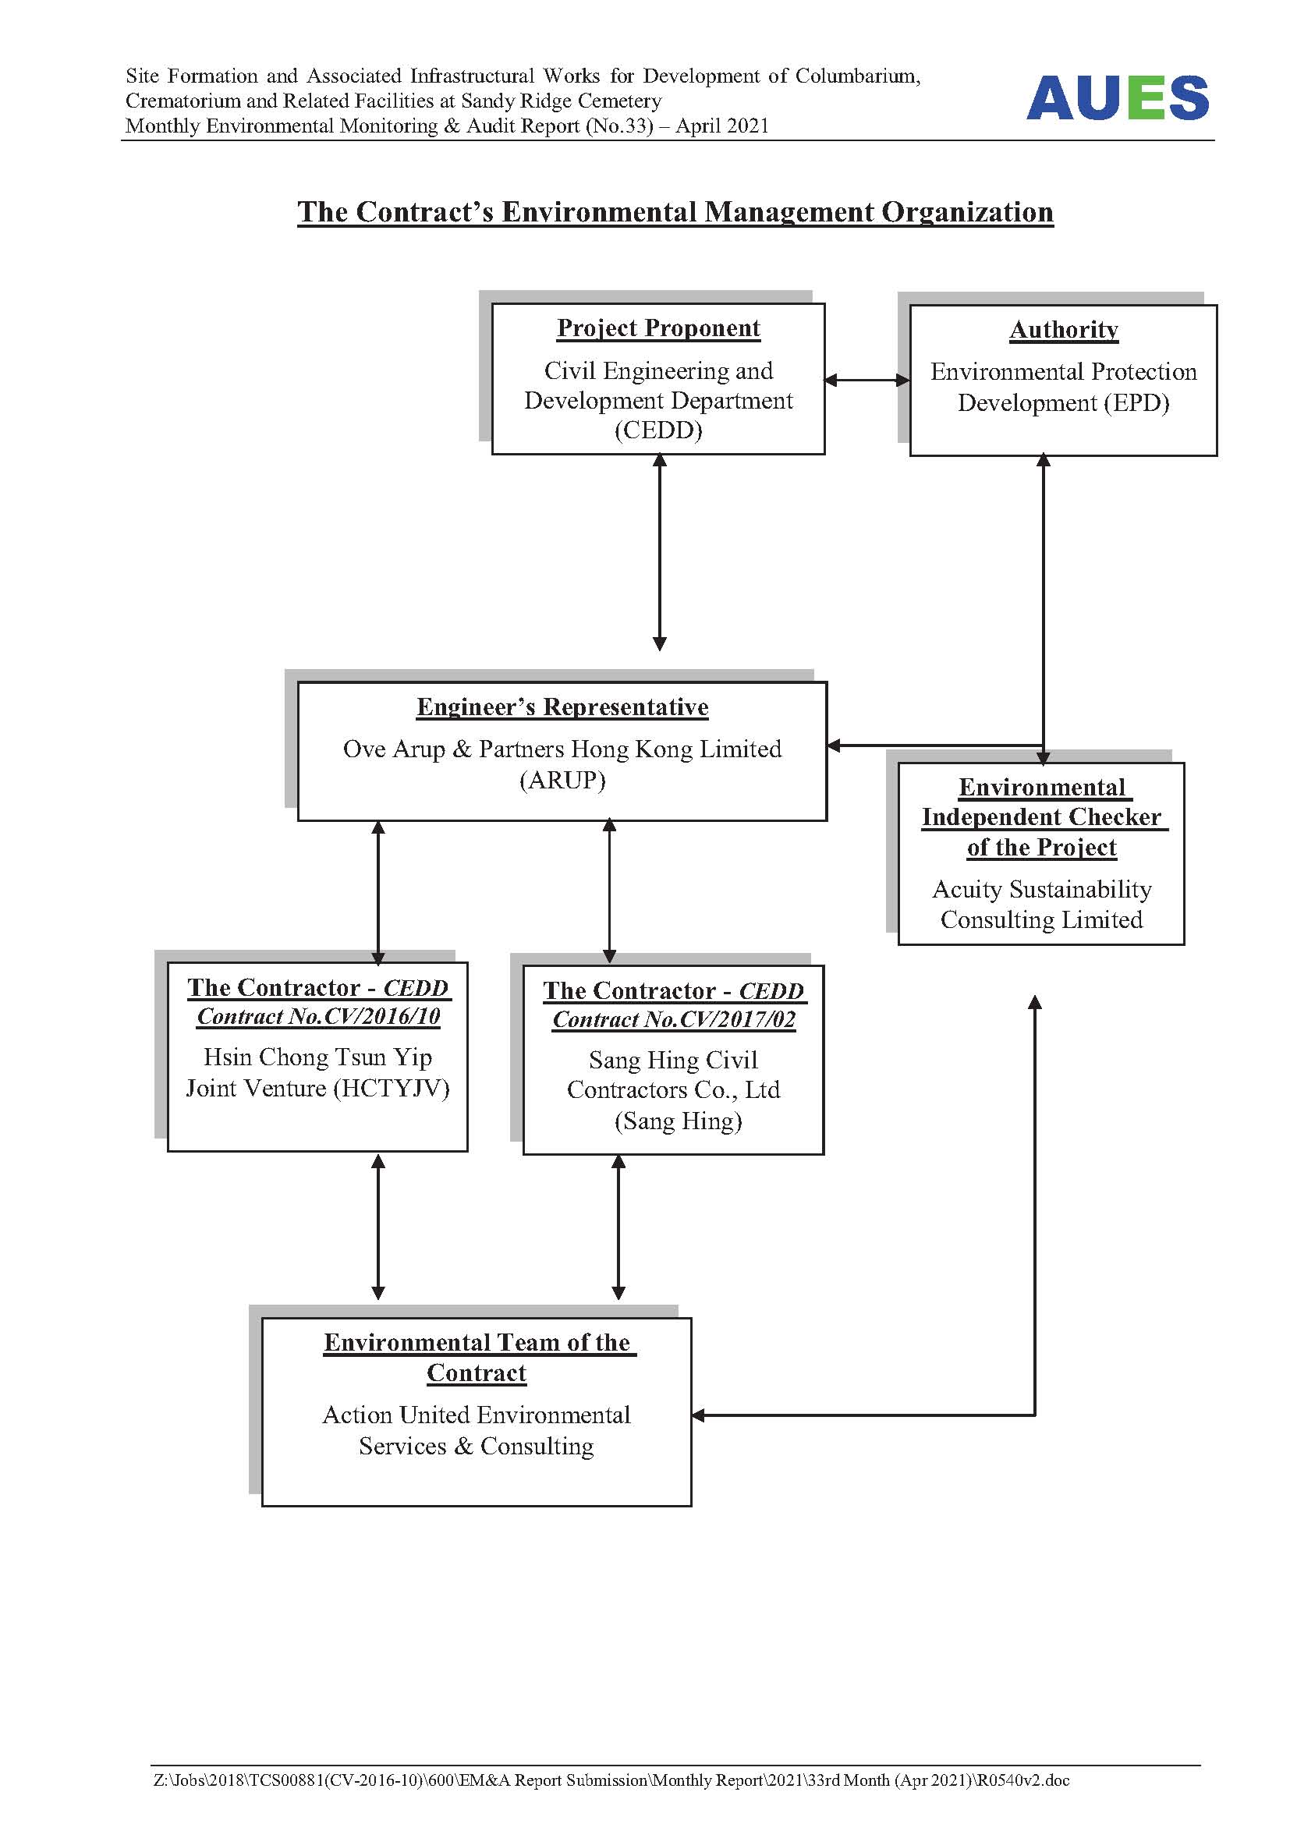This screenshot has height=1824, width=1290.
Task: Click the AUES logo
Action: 1117,97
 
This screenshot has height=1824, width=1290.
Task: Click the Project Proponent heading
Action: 658,328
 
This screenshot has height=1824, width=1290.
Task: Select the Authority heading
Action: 1064,330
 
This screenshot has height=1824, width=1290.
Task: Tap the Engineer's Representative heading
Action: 562,707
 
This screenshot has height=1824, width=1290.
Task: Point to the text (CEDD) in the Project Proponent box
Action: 658,430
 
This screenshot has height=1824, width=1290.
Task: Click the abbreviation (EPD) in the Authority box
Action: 1136,402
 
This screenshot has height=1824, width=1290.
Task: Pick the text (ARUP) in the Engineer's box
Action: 562,780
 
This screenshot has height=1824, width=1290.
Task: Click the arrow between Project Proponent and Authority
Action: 867,380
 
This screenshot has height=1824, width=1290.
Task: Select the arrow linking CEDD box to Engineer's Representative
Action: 659,552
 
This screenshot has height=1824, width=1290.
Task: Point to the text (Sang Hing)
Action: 679,1121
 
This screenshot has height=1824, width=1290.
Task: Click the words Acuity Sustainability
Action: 1041,890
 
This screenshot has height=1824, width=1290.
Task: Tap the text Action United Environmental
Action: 477,1415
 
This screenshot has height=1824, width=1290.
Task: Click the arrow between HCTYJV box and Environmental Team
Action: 378,1227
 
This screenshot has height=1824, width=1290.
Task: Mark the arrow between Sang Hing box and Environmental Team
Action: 618,1227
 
